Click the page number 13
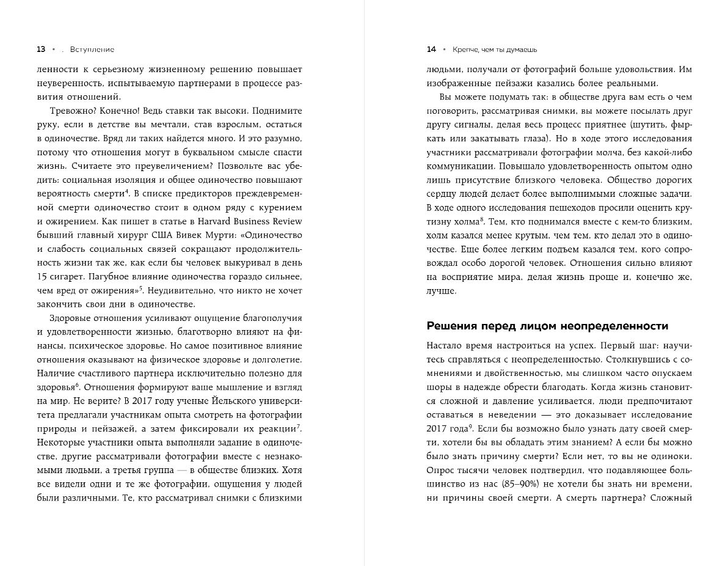click(41, 50)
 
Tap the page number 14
click(431, 50)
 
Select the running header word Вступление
click(92, 50)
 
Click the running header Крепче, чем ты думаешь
click(490, 50)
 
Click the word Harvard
click(219, 221)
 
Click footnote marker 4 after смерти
click(126, 191)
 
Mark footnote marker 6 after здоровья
click(78, 385)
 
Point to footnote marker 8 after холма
click(482, 218)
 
